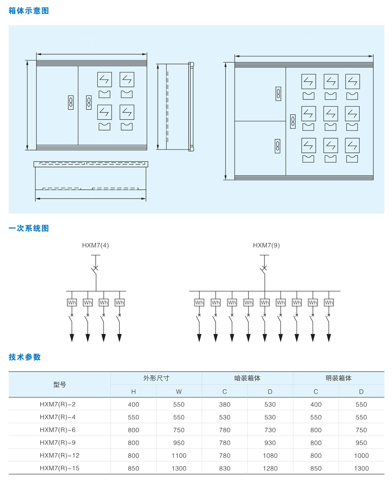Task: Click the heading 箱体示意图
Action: (29, 11)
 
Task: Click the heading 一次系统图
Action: (29, 228)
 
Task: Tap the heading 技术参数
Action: (25, 357)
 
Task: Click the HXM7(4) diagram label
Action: (96, 245)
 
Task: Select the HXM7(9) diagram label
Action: (266, 245)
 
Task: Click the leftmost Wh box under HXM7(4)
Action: (72, 302)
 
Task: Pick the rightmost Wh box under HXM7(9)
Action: (329, 302)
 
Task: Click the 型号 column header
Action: (59, 385)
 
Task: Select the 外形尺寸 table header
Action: (156, 378)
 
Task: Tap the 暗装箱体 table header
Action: (247, 378)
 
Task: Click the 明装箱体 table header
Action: (338, 378)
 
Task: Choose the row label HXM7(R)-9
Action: (58, 443)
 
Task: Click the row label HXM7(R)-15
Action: (59, 468)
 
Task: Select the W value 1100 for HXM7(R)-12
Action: (179, 456)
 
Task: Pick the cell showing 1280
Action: (270, 468)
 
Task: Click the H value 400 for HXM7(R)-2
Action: (133, 404)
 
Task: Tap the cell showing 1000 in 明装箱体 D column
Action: (361, 456)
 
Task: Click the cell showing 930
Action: (270, 443)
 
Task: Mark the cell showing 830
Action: (225, 468)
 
